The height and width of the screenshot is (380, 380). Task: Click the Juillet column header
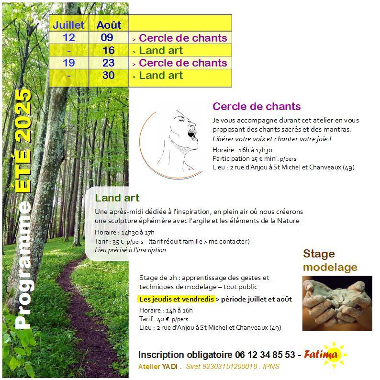[x=68, y=25]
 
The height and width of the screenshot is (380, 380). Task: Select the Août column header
[x=109, y=25]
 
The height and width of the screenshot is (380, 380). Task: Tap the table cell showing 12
[x=69, y=38]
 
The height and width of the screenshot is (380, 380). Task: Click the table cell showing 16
[x=108, y=50]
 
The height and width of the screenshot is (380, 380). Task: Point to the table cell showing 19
[x=69, y=63]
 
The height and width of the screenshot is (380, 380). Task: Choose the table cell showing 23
[x=108, y=63]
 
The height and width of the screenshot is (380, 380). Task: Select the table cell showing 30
[x=108, y=75]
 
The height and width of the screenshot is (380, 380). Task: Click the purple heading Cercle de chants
[x=257, y=106]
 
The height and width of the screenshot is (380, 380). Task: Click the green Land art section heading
[x=117, y=198]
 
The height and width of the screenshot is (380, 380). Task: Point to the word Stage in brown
[x=319, y=254]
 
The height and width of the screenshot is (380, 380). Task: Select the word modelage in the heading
[x=330, y=267]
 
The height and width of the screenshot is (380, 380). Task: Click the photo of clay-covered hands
[x=337, y=303]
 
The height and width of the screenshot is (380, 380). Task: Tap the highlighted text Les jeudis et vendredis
[x=175, y=299]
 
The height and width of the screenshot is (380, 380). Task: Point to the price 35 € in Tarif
[x=118, y=241]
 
